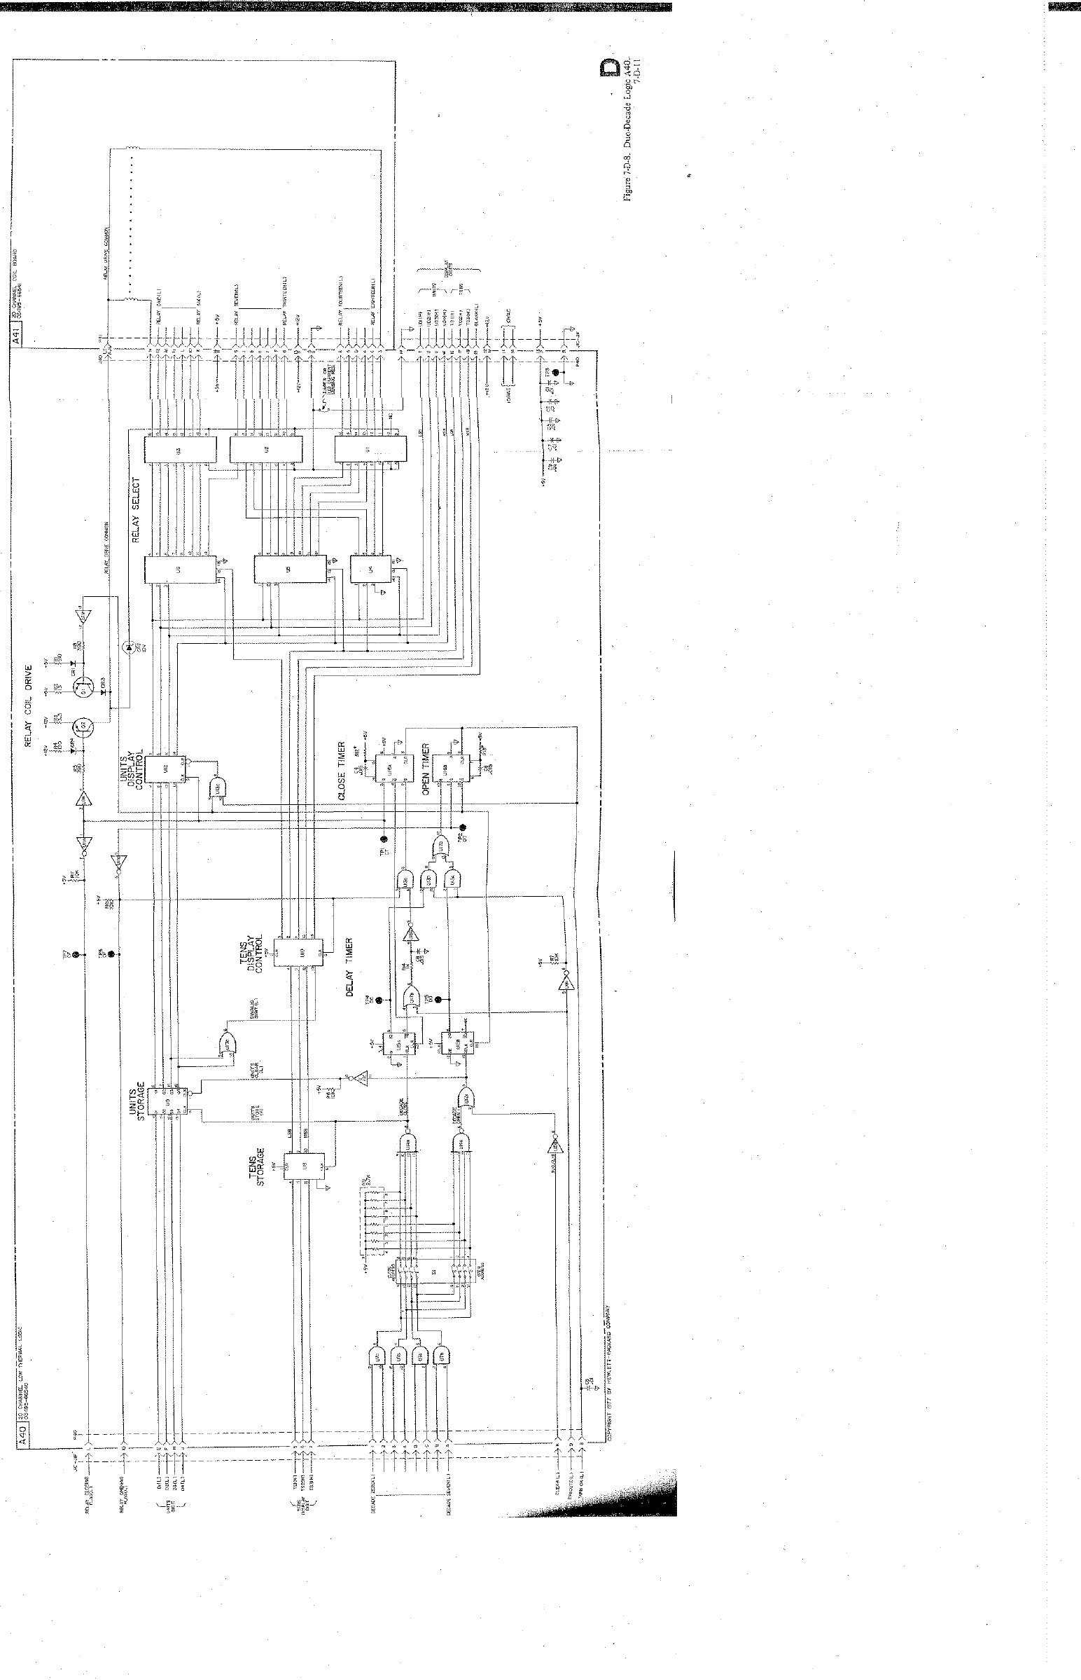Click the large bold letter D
[609, 68]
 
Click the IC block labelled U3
[179, 450]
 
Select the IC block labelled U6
[179, 569]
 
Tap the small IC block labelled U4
[368, 569]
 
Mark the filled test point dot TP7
[76, 956]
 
